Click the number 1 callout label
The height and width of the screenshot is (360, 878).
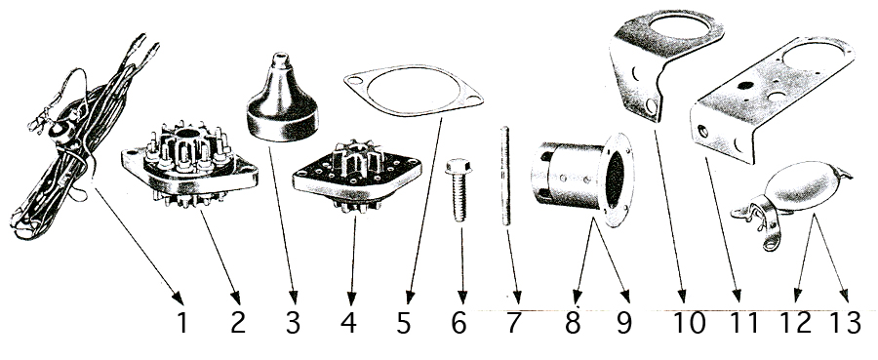point(182,323)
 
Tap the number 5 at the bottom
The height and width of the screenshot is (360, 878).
point(403,323)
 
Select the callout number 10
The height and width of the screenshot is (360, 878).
point(689,323)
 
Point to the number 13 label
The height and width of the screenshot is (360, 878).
point(845,323)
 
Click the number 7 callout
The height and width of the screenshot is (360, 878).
point(514,323)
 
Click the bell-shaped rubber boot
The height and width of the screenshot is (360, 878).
point(282,100)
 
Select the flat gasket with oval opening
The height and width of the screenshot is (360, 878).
point(414,91)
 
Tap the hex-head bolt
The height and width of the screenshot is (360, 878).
point(459,190)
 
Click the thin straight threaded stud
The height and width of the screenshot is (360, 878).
point(505,177)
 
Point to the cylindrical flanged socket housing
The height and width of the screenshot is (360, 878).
point(582,178)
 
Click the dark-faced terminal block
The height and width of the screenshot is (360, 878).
point(356,177)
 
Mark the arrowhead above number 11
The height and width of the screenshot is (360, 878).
point(738,296)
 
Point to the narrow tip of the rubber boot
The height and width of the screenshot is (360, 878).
point(279,58)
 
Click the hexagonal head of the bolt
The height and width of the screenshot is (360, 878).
point(459,166)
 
